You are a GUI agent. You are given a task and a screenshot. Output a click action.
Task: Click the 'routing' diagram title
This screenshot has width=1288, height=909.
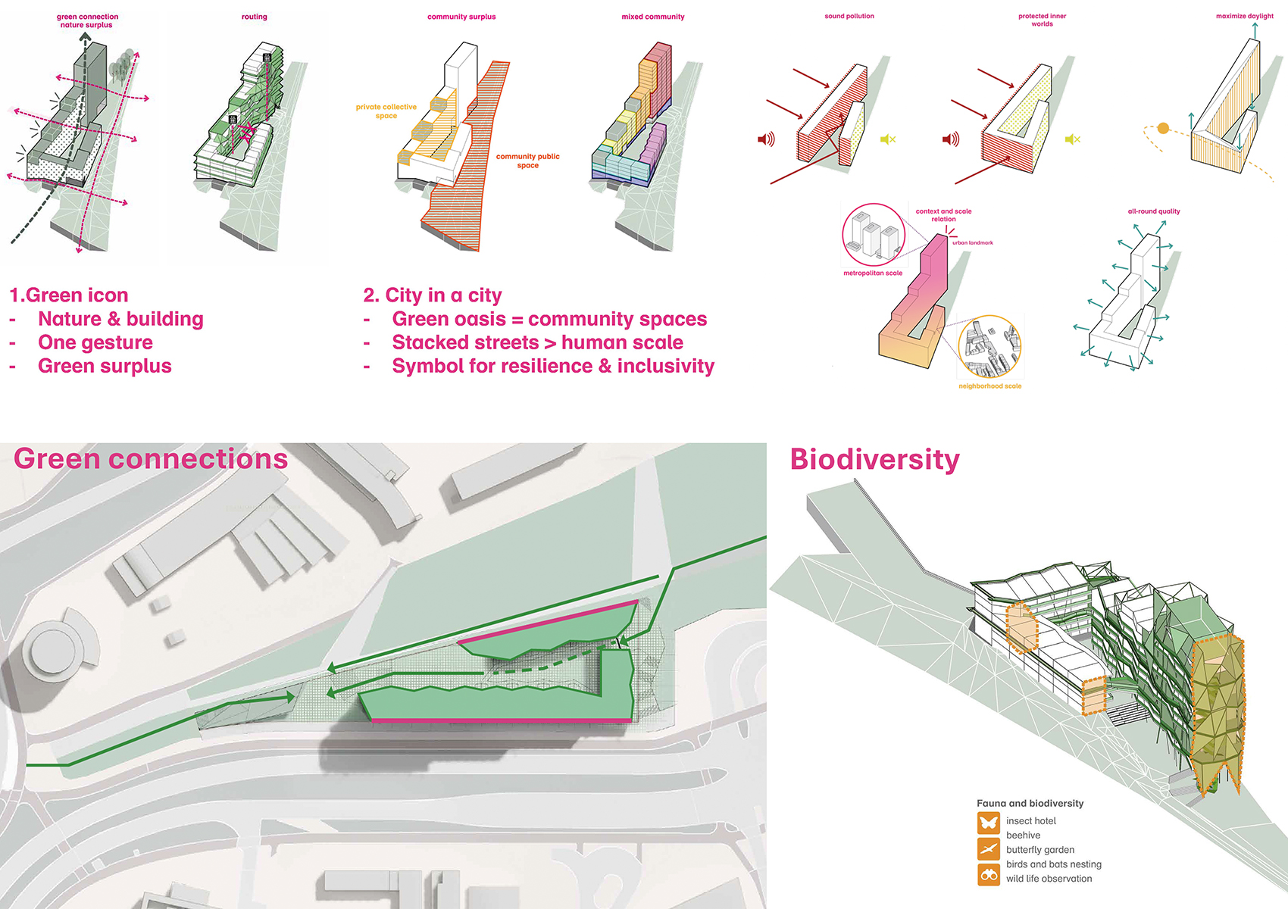pos(254,17)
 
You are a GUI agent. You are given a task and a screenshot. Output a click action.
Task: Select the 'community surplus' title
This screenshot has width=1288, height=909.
pos(461,17)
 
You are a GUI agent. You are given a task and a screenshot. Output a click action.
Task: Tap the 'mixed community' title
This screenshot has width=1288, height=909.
pos(652,17)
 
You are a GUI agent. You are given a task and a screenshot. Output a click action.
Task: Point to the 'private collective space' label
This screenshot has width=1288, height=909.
pos(386,111)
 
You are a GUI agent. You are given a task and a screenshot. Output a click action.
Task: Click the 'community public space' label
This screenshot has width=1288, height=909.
pos(527,161)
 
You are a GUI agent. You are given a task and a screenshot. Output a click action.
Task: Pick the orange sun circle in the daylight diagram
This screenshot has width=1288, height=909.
pos(1163,128)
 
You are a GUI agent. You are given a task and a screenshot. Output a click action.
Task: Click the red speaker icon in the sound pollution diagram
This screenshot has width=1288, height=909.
pos(766,139)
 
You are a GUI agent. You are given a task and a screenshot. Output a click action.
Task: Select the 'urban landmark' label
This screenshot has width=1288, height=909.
pos(972,242)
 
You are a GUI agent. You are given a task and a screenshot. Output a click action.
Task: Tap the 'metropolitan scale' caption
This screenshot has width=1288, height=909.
pos(872,273)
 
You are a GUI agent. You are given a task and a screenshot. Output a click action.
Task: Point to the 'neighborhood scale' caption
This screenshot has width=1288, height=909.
pos(989,386)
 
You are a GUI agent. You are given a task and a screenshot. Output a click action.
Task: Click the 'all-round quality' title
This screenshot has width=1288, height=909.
pos(1153,211)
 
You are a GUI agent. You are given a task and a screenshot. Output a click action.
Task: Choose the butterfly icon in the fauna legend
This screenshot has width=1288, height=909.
pos(989,823)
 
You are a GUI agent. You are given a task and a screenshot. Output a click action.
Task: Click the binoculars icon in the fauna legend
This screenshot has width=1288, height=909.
pos(989,874)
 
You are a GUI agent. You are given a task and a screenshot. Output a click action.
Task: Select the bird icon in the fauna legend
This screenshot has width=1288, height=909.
pos(989,848)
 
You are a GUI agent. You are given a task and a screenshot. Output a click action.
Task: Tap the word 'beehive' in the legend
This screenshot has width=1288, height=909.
pos(1023,835)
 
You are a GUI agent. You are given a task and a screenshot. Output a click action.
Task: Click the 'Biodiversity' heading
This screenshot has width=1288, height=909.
pos(874,459)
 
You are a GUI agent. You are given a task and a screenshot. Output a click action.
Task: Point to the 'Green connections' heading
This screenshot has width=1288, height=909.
pos(151,458)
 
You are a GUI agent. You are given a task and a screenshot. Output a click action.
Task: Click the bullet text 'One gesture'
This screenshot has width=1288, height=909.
pos(95,342)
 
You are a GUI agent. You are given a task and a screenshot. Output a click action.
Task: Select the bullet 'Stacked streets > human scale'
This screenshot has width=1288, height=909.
pos(538,342)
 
